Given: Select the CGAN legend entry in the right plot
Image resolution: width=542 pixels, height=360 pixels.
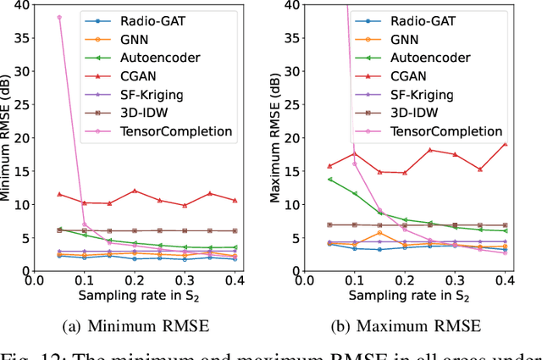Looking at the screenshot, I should tap(413, 75).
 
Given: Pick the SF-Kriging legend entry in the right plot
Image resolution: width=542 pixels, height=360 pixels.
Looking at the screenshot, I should tap(423, 94).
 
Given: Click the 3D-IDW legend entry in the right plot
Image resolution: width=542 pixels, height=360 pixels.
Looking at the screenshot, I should tap(414, 113).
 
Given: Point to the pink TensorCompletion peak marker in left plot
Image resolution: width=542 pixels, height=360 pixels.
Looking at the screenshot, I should tap(58, 17).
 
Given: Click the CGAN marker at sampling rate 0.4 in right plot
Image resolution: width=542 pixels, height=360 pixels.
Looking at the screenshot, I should tap(505, 143).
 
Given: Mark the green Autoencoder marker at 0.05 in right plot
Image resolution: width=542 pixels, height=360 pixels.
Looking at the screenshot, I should tap(329, 179).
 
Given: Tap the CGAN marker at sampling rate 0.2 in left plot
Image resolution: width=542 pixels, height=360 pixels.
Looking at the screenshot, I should tap(135, 191).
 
